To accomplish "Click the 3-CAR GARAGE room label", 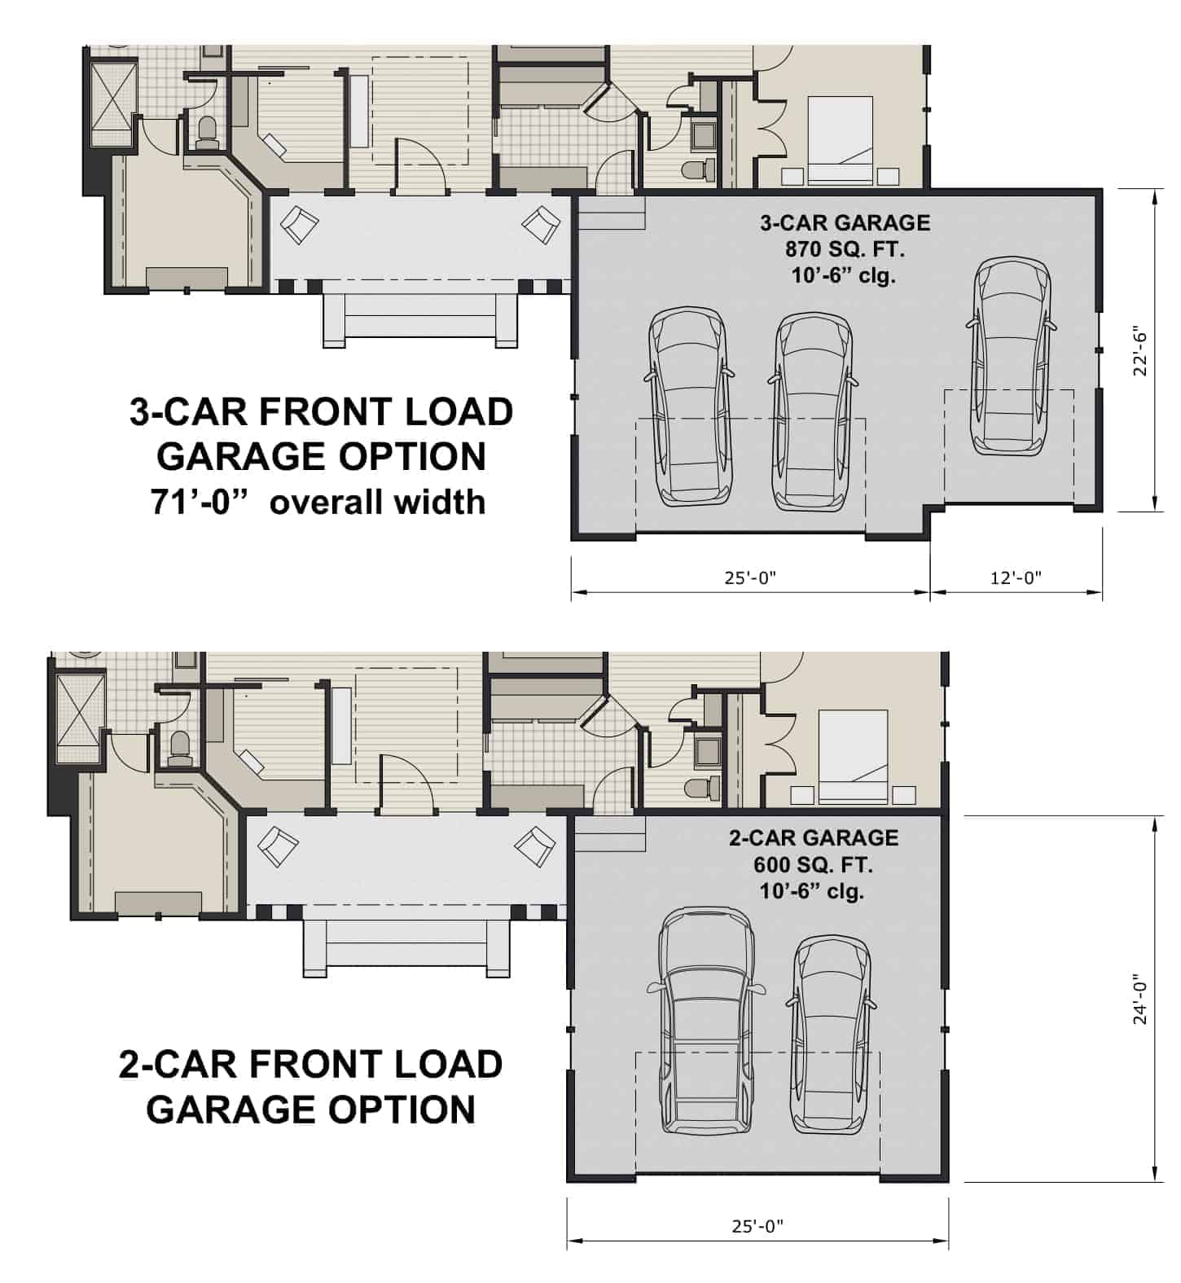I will point(845,222).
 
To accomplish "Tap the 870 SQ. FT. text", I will point(845,248).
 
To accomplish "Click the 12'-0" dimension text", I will point(1016,578).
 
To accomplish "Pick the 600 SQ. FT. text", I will point(813,864).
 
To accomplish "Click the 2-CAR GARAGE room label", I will point(813,837).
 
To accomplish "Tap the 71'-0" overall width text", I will point(318,502).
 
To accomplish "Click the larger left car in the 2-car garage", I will point(705,1022).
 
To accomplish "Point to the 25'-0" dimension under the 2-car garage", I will point(757,1225).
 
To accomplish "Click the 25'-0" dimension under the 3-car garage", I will point(750,578).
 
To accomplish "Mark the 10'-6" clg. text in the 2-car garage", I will point(813,891).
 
